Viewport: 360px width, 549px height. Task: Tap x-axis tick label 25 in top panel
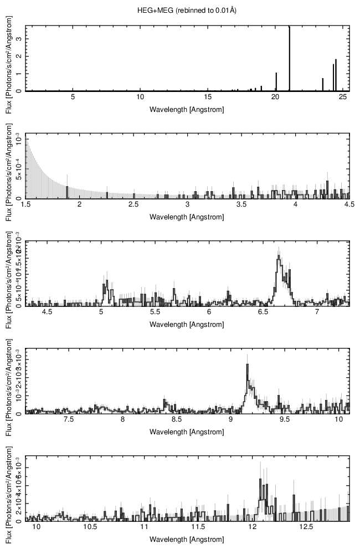[x=343, y=97]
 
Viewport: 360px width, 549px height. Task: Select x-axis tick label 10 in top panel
[x=140, y=97]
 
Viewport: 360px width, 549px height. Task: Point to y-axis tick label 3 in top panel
[x=19, y=39]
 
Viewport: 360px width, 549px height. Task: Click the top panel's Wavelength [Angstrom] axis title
[x=187, y=109]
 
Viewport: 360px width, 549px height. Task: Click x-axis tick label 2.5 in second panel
[x=133, y=205]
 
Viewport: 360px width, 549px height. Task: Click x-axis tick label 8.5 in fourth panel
[x=177, y=420]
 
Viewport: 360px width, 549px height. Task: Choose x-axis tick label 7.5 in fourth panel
[x=69, y=420]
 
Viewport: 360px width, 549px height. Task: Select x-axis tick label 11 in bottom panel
[x=145, y=528]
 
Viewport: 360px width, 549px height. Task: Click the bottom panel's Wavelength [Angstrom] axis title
[x=187, y=540]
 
